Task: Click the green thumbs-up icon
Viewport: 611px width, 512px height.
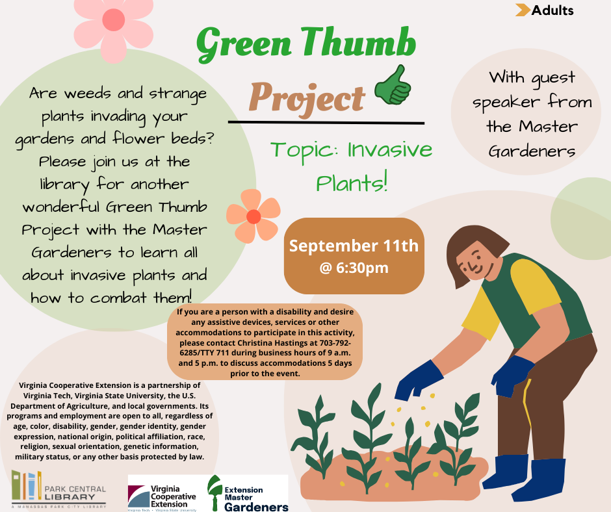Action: click(x=393, y=86)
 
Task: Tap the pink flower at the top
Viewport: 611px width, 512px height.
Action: click(x=113, y=27)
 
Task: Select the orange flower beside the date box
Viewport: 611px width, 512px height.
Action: click(x=253, y=216)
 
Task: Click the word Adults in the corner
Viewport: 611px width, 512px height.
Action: click(x=552, y=10)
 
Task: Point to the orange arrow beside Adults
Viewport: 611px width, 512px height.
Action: click(x=523, y=10)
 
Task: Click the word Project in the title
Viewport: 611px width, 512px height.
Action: click(x=307, y=98)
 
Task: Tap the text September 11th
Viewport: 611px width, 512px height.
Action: click(x=354, y=246)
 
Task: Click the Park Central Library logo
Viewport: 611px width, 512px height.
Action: click(x=59, y=489)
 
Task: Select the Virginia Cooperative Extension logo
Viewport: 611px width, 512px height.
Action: click(x=162, y=493)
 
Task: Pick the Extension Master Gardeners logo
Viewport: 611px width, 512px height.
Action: click(x=248, y=493)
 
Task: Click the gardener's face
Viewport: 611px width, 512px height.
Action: click(x=474, y=261)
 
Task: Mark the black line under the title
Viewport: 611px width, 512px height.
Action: click(x=326, y=123)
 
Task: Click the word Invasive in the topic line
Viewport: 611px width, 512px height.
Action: click(x=389, y=149)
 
